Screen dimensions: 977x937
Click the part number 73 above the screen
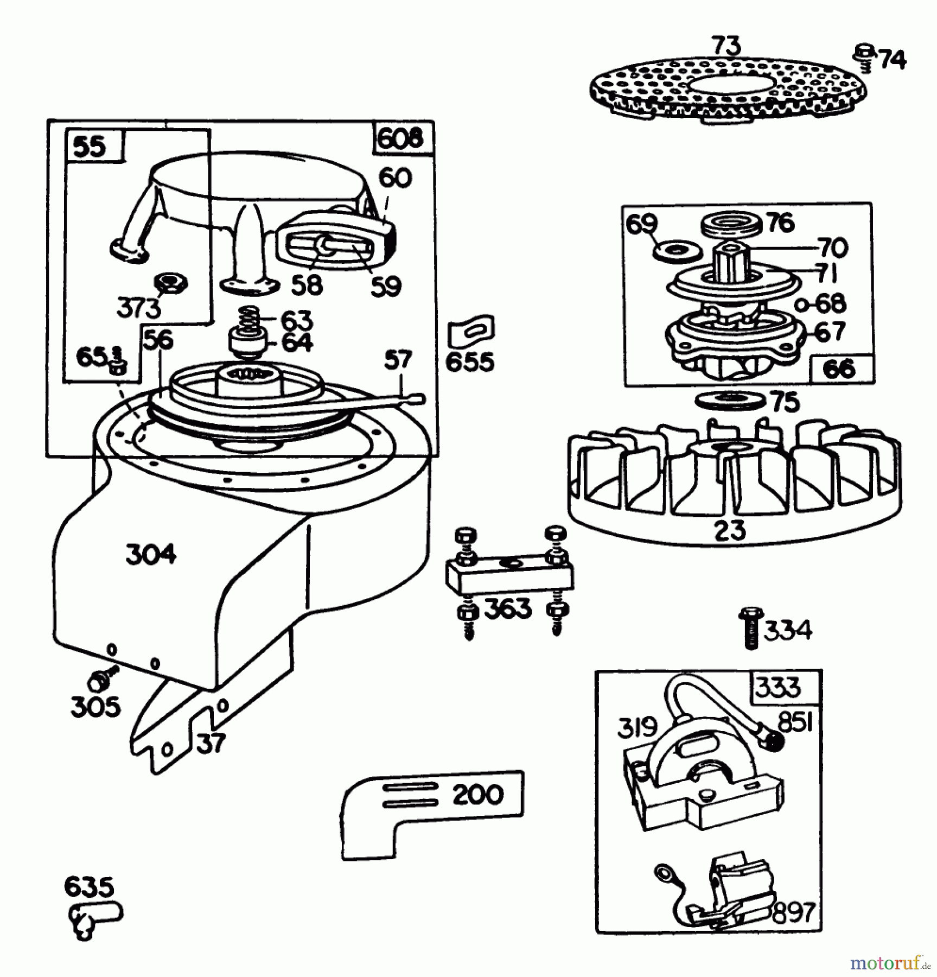pos(726,47)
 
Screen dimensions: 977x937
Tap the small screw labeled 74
pos(863,58)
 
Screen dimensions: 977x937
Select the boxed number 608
pos(400,139)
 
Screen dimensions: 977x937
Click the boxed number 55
pos(90,147)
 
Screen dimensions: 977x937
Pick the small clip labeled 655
pos(470,330)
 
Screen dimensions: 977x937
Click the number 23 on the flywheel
pos(730,530)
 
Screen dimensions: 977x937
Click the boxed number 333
pos(777,687)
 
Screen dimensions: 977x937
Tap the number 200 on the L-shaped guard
pos(478,795)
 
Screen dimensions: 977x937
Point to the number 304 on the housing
pos(151,555)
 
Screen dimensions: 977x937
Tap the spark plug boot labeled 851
pos(772,738)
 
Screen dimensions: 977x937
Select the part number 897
pos(793,912)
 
